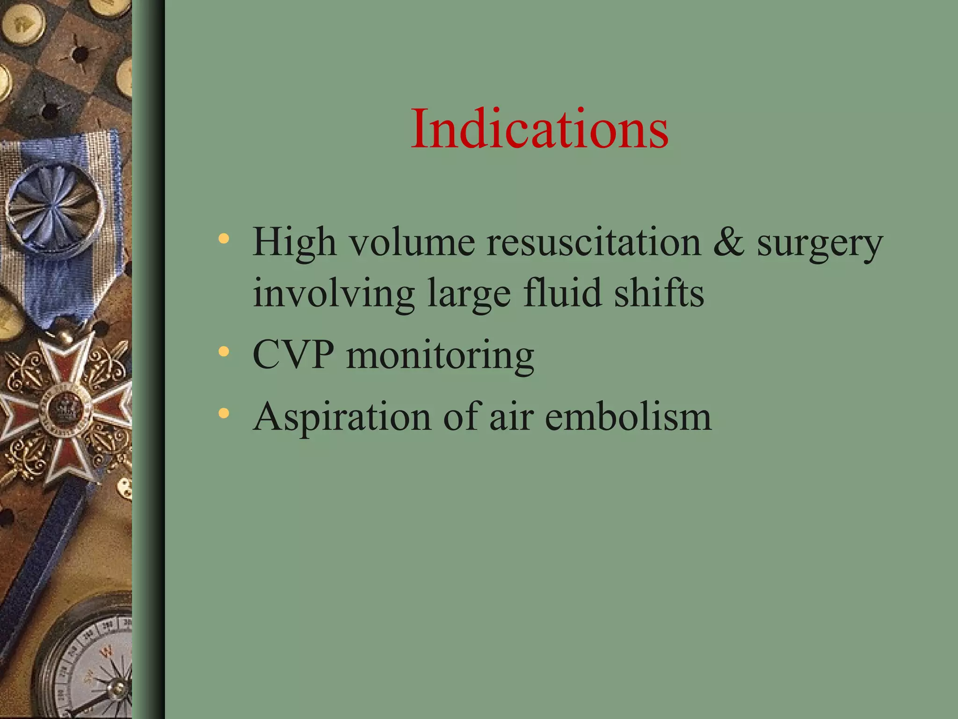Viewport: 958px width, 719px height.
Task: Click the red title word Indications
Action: pyautogui.click(x=540, y=129)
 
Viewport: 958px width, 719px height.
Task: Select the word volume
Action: pyautogui.click(x=413, y=242)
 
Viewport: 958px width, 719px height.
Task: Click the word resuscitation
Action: pyautogui.click(x=594, y=242)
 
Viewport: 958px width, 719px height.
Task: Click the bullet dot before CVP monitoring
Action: pyautogui.click(x=224, y=351)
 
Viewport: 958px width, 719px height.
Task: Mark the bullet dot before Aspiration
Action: pyautogui.click(x=224, y=413)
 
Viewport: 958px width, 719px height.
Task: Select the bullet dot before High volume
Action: pyautogui.click(x=224, y=239)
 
